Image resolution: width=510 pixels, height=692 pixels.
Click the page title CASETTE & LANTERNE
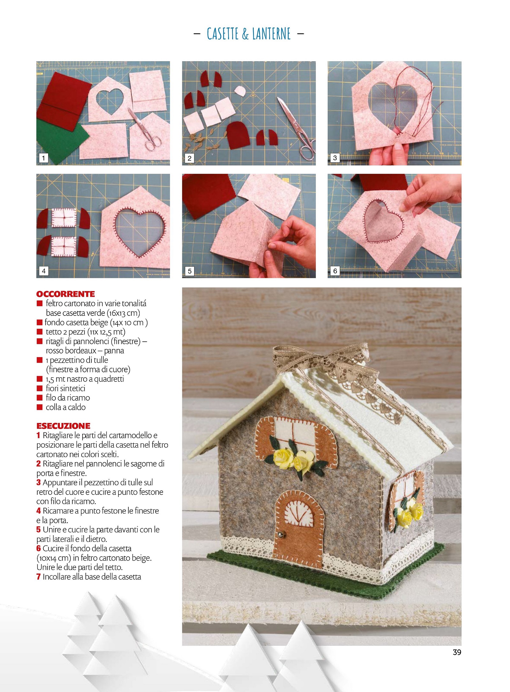pyautogui.click(x=249, y=33)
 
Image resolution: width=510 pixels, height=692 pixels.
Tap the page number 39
pyautogui.click(x=457, y=652)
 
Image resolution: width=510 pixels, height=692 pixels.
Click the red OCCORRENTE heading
pyautogui.click(x=66, y=294)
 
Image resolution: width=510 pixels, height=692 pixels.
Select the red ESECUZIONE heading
pyautogui.click(x=63, y=426)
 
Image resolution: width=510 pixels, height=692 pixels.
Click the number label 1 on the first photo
pyautogui.click(x=43, y=158)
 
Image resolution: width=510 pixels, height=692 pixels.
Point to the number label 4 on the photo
pyautogui.click(x=44, y=271)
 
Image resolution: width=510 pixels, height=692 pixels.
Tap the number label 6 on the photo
pyautogui.click(x=335, y=271)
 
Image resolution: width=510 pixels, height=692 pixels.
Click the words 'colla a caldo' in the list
pyautogui.click(x=66, y=407)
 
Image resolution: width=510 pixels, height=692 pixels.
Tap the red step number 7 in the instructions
pyautogui.click(x=38, y=577)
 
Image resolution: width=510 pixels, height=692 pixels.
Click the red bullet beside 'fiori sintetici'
pyautogui.click(x=40, y=388)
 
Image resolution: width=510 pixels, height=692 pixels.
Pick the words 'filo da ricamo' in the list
pyautogui.click(x=68, y=398)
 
